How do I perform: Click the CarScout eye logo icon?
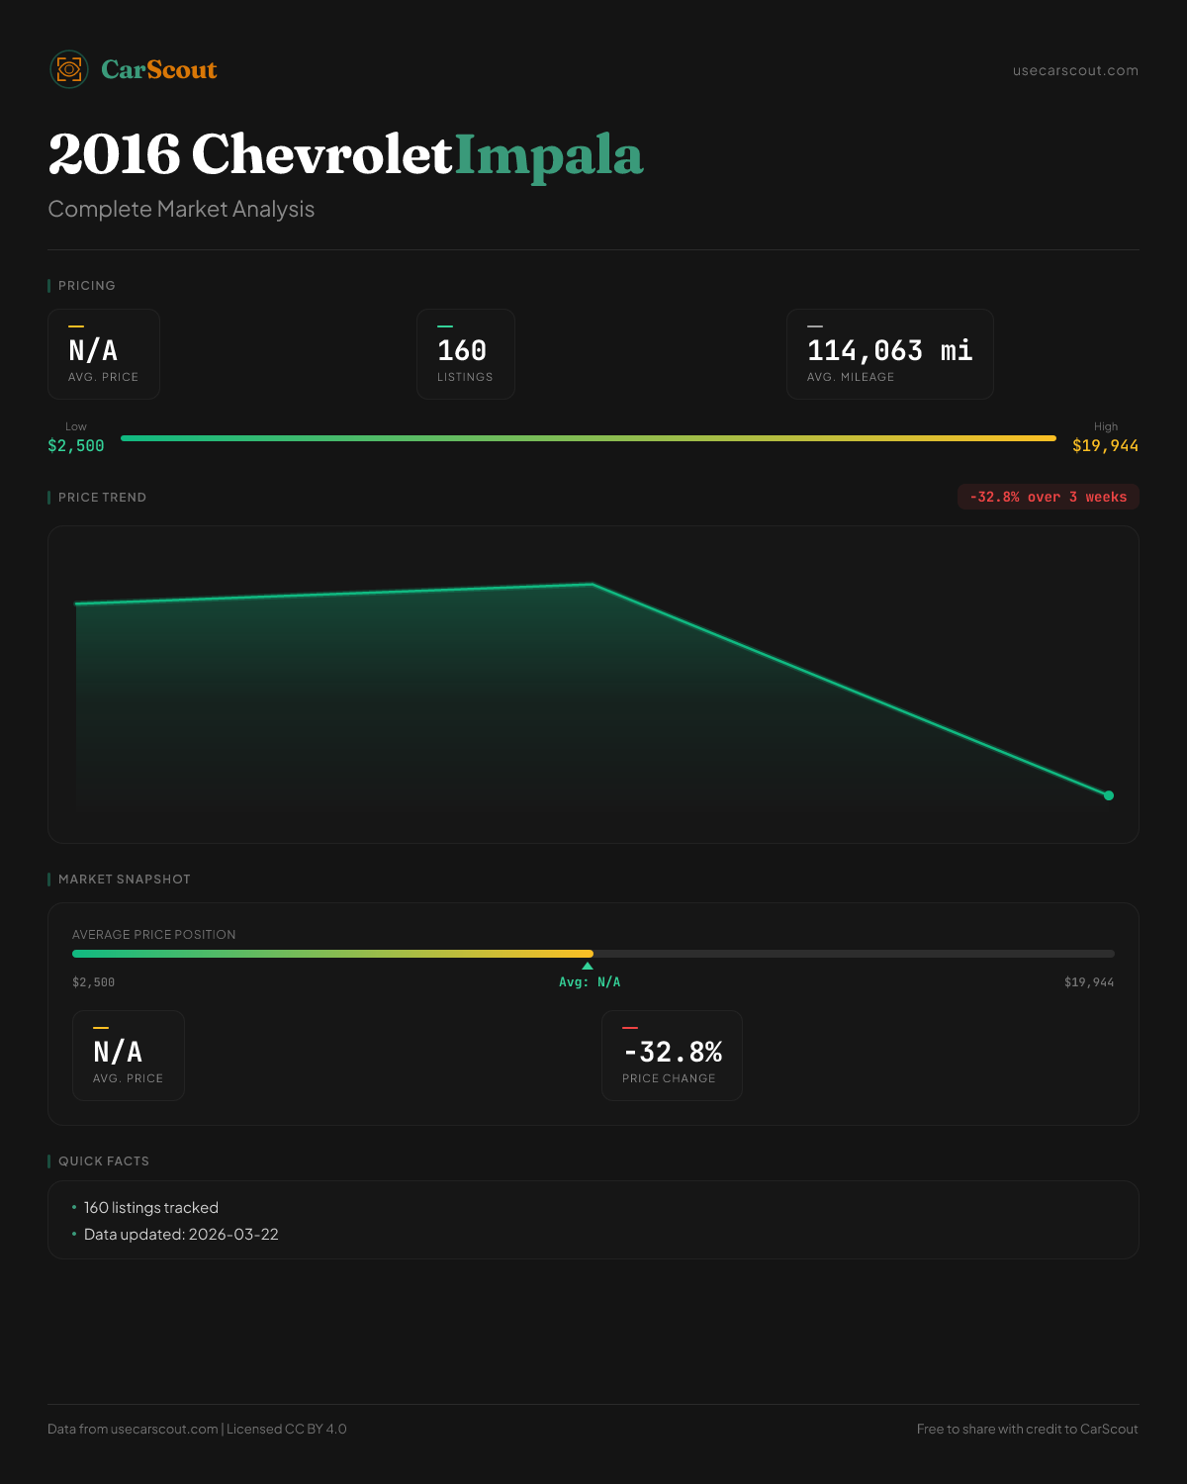pos(69,69)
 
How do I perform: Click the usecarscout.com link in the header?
pos(1075,70)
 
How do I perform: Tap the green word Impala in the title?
pos(549,155)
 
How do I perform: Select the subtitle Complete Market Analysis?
pos(181,209)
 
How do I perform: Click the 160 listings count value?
pos(462,350)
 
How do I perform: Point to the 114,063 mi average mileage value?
pos(889,350)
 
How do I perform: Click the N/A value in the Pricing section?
pos(93,350)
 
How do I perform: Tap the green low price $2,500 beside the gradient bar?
pos(76,445)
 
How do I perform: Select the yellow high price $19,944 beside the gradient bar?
pos(1105,445)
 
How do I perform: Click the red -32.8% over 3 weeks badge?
pos(1048,497)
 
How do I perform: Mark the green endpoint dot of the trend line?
pos(1109,795)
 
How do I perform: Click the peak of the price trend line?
pos(593,584)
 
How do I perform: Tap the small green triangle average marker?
pos(588,966)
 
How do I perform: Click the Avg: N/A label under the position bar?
pos(590,982)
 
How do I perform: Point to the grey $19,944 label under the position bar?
pos(1088,982)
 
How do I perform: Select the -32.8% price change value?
pos(673,1052)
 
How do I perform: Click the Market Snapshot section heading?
pos(124,879)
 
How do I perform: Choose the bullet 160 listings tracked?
pos(150,1207)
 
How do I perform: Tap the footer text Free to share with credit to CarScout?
pos(1027,1429)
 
